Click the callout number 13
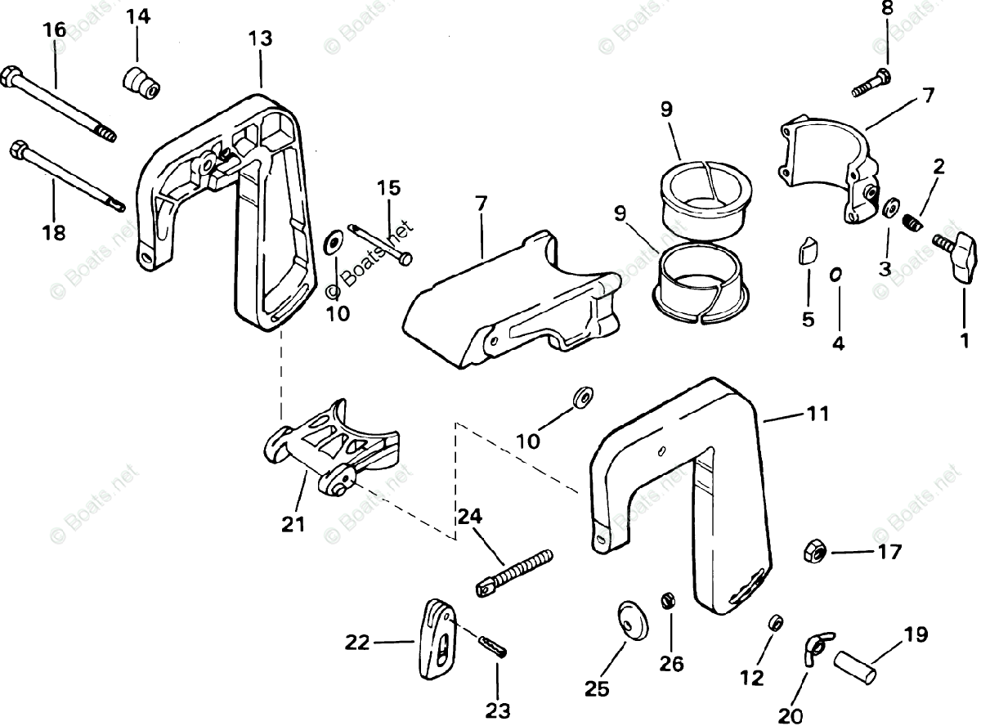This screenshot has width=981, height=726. point(261,38)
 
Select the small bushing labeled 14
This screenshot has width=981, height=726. point(139,82)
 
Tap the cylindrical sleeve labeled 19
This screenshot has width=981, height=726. point(856,660)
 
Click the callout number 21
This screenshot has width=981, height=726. point(293,525)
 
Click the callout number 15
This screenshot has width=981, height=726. point(389,188)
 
